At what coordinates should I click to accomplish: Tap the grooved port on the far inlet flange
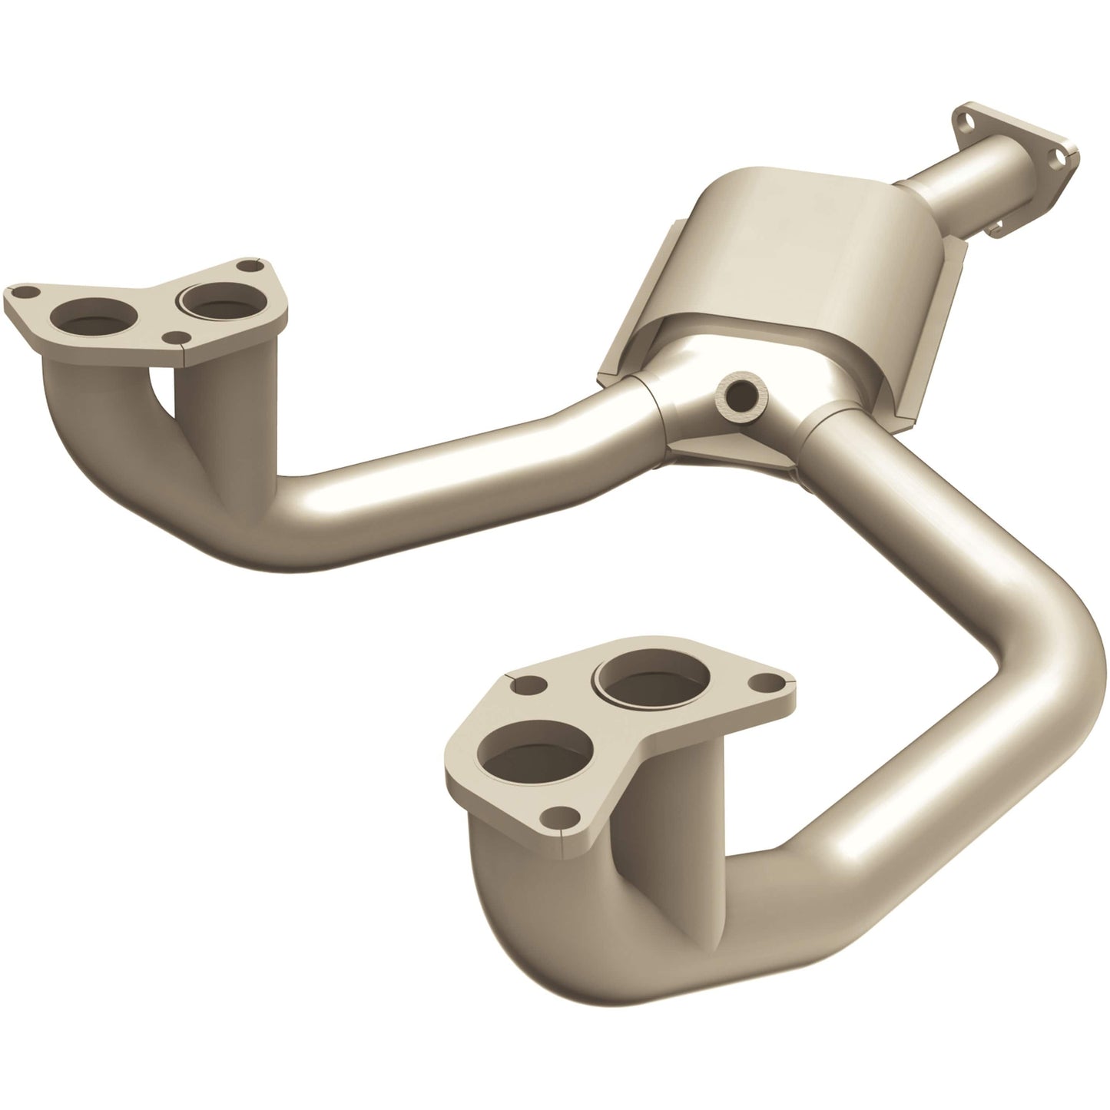(x=208, y=300)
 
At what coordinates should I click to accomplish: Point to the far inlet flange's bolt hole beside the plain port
(x=22, y=293)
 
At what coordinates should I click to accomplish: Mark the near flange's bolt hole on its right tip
(x=764, y=681)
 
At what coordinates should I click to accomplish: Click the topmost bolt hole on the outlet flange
(x=963, y=119)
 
